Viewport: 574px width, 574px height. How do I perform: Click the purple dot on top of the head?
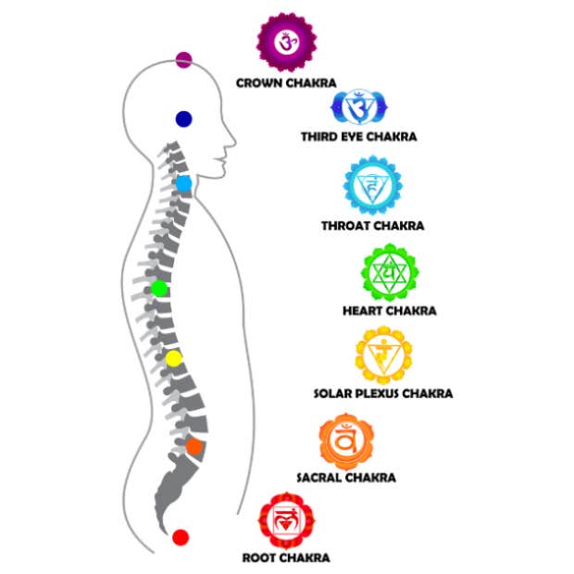(183, 60)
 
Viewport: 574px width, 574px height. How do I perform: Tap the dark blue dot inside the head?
(183, 119)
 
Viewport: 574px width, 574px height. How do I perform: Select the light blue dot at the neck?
(183, 183)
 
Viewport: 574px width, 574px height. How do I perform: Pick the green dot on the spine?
(159, 289)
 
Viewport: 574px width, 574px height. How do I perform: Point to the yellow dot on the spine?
(174, 357)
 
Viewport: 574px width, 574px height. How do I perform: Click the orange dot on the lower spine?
(193, 446)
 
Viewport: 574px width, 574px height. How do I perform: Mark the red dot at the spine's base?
(181, 537)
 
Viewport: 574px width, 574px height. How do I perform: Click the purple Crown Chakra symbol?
(286, 42)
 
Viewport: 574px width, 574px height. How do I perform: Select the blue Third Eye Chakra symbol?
(357, 108)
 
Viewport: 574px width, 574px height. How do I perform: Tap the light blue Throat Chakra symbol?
(372, 185)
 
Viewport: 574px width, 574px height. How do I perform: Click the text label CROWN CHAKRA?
(285, 83)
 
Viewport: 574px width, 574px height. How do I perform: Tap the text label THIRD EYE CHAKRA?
(358, 137)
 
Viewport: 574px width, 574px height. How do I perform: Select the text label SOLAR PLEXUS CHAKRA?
(383, 393)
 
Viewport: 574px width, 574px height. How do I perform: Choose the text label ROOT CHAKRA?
(285, 557)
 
